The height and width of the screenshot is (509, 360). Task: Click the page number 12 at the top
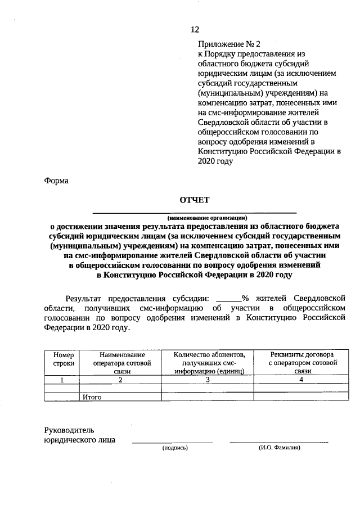(195, 30)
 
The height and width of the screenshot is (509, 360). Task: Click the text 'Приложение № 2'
(229, 43)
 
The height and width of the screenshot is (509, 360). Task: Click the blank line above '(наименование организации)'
(194, 213)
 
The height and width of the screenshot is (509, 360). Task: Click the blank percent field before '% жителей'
(228, 300)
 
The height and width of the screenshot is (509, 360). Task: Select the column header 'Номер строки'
(64, 359)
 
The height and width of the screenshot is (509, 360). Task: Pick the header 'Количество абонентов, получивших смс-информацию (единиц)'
(209, 363)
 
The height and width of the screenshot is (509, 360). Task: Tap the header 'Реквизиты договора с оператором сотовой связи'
(301, 363)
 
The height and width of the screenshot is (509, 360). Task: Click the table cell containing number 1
(64, 380)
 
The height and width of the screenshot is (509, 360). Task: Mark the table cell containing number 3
(208, 380)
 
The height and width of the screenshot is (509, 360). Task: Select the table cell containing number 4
(301, 380)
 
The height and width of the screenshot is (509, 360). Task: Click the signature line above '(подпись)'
(172, 443)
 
